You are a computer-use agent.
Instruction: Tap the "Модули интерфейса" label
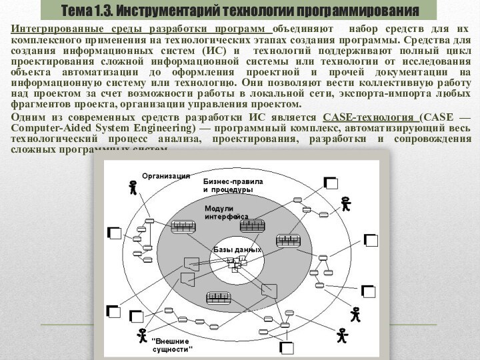(226, 213)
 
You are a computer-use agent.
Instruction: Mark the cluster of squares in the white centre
(235, 264)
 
